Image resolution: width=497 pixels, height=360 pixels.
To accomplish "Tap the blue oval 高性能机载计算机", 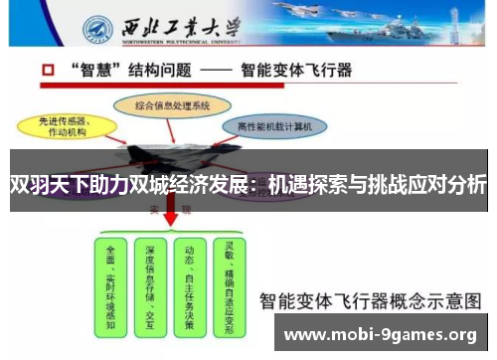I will pyautogui.click(x=275, y=126).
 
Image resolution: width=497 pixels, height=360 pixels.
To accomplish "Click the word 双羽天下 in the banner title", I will pyautogui.click(x=45, y=185).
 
